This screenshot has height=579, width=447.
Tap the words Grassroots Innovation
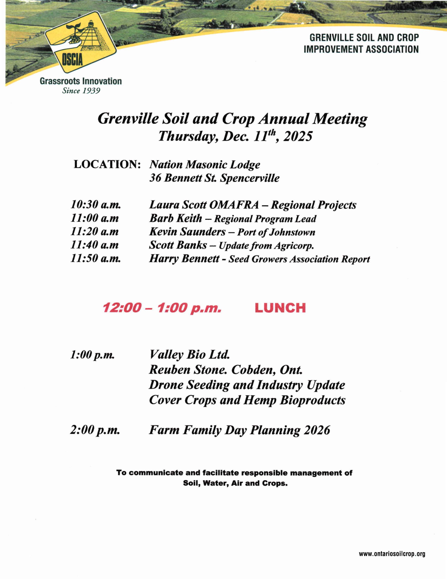(81, 81)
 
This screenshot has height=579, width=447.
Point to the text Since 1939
(81, 91)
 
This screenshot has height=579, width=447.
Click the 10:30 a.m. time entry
(96, 205)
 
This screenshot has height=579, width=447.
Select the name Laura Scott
(178, 205)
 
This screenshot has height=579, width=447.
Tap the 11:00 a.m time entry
(95, 218)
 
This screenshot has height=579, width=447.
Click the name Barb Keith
(175, 218)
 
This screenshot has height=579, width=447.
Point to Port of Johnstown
(276, 232)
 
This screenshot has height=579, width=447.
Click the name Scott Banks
(178, 245)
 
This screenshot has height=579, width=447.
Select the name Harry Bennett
(184, 259)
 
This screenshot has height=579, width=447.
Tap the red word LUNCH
(280, 308)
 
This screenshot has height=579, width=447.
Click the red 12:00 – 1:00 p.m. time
(162, 308)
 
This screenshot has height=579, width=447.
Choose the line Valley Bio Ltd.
(189, 355)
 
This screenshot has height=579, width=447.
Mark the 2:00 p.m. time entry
(95, 430)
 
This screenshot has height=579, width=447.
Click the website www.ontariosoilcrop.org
(392, 554)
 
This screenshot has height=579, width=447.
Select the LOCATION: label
(107, 164)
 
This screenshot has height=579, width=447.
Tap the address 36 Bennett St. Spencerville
(214, 178)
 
